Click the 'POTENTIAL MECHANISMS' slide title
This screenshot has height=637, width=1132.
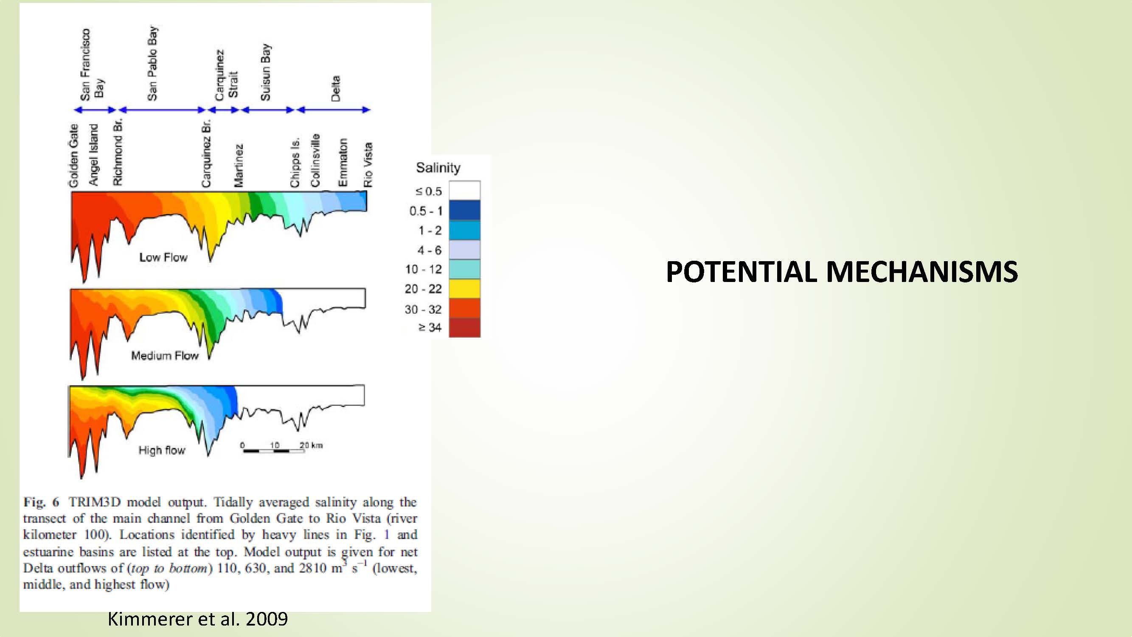[842, 271]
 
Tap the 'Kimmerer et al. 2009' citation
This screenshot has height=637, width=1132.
[198, 619]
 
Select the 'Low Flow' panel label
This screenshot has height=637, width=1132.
[163, 257]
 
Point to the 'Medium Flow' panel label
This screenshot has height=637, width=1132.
[165, 355]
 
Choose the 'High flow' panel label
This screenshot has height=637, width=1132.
[162, 450]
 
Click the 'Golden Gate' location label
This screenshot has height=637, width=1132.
[73, 155]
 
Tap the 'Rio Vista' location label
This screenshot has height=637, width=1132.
[368, 165]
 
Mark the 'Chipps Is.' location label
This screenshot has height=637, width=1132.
[295, 162]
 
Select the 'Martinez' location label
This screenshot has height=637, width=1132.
[238, 166]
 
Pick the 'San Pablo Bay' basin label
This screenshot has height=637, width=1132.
[152, 63]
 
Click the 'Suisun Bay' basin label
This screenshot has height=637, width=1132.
[266, 72]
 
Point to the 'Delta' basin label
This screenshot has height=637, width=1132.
[336, 89]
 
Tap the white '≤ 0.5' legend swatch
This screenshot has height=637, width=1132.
[464, 190]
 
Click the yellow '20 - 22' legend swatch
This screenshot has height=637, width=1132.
[464, 289]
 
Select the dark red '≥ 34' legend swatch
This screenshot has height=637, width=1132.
[464, 327]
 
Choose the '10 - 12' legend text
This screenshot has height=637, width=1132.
[423, 269]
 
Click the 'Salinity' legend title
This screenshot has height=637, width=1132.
[438, 167]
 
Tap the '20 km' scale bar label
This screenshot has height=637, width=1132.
[311, 445]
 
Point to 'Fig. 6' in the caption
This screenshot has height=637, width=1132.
[41, 502]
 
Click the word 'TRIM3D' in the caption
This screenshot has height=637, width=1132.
[95, 502]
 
